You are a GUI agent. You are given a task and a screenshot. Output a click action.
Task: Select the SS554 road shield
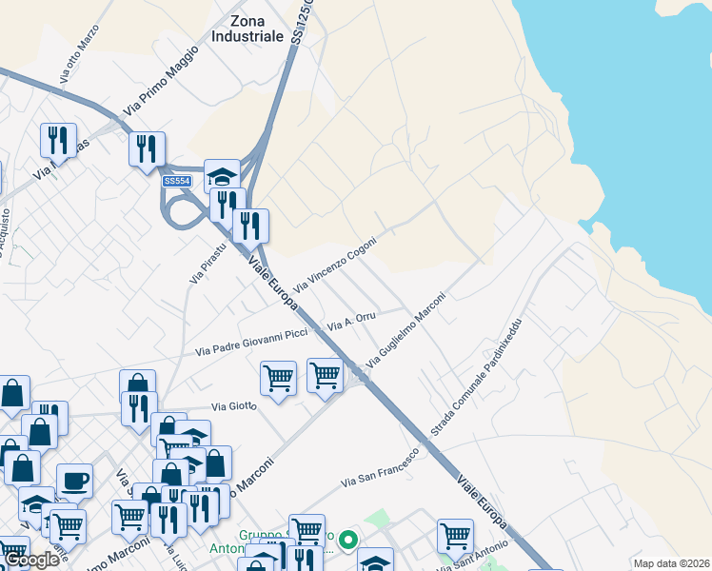(x=177, y=181)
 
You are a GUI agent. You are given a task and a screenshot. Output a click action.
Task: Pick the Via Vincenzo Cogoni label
(x=335, y=264)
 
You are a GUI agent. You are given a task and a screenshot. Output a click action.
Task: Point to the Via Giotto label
(x=234, y=406)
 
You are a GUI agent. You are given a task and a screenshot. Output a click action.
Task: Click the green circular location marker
(x=348, y=541)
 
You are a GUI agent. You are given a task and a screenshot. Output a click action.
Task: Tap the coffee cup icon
(x=74, y=482)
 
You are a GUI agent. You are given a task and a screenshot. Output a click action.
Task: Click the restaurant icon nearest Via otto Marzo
(x=58, y=140)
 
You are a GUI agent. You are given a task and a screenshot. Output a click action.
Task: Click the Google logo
(x=31, y=560)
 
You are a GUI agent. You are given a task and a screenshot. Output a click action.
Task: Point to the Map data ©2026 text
(x=671, y=563)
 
